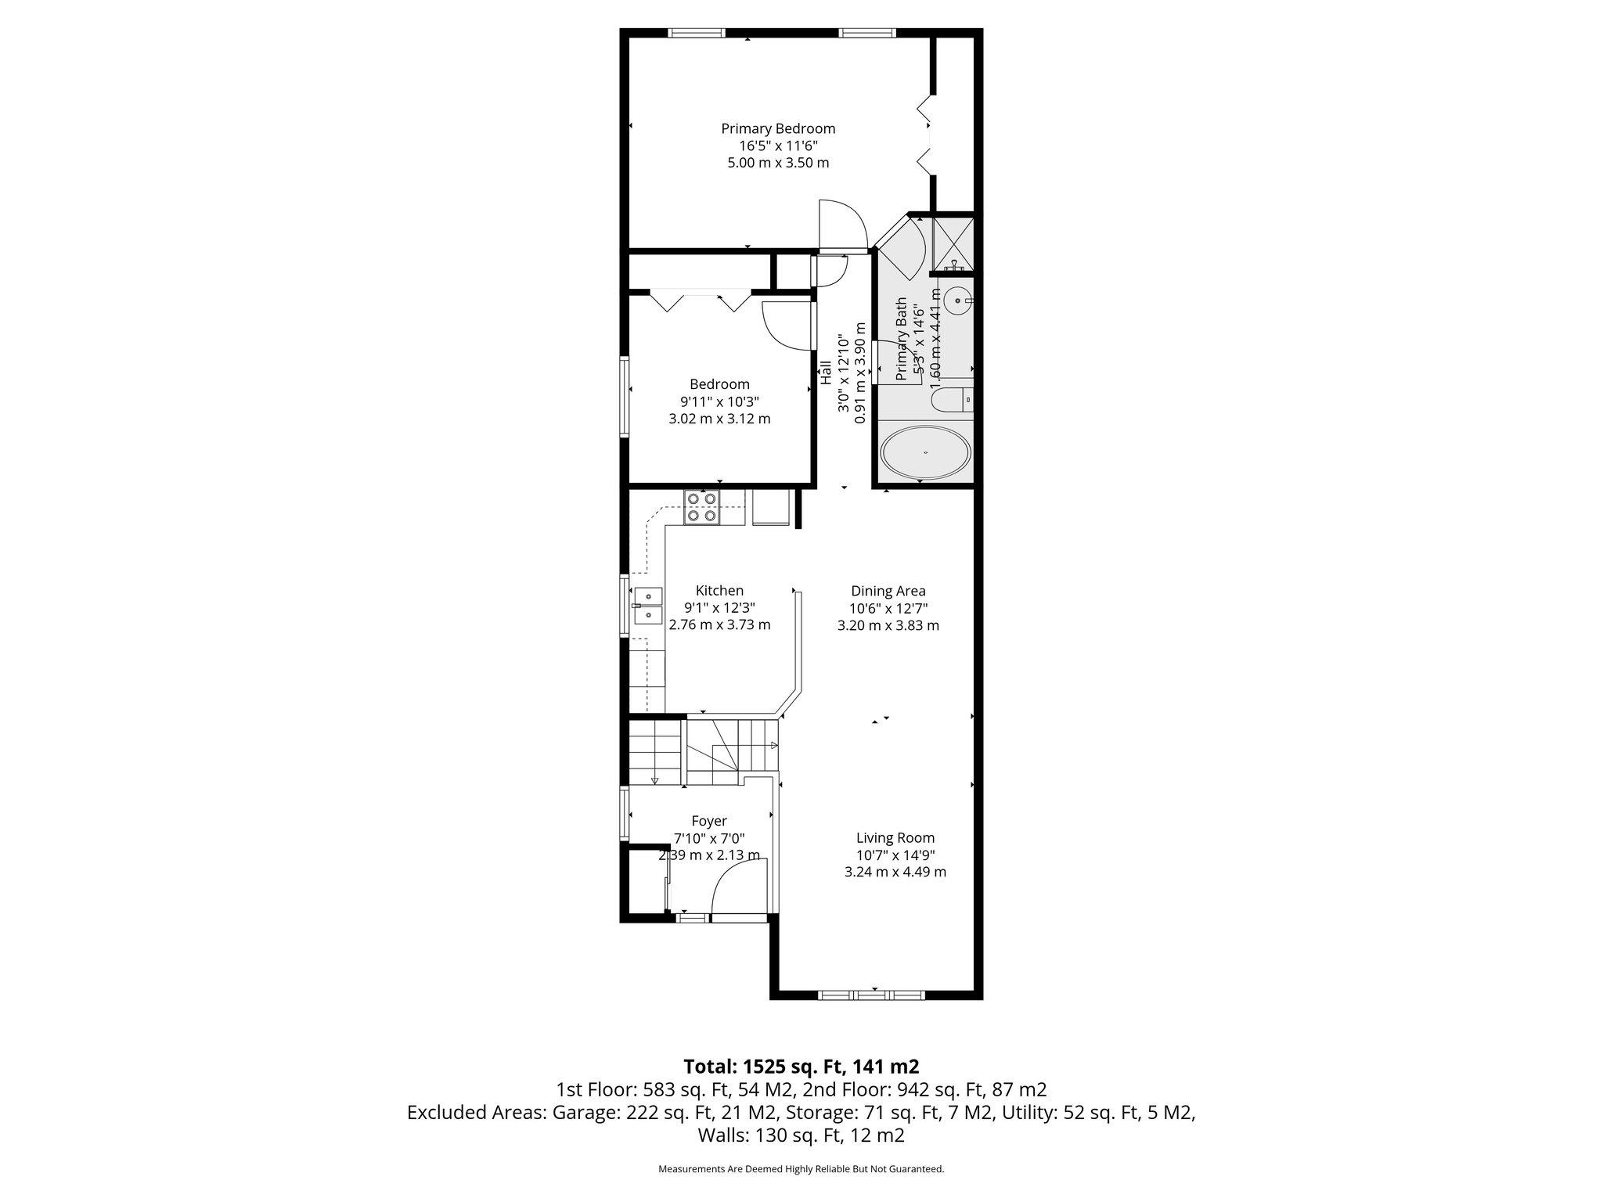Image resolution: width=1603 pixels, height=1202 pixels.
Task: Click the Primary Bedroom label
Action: click(778, 128)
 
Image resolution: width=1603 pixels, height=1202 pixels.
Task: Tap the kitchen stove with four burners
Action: click(701, 507)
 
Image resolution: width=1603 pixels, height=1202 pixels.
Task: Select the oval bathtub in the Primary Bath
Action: click(925, 453)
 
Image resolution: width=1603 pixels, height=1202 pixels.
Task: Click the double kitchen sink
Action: click(649, 606)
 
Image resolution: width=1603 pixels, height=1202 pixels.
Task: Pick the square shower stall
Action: click(953, 243)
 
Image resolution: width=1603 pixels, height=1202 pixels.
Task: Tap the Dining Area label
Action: click(888, 591)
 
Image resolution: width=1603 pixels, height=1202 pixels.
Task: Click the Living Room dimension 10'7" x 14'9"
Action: click(895, 855)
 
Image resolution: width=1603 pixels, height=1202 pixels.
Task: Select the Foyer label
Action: click(709, 821)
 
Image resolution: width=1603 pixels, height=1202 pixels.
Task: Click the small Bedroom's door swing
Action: click(785, 326)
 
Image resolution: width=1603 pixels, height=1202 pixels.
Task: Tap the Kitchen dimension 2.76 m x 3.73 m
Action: click(719, 624)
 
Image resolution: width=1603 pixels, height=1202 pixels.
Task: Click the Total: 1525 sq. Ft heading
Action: click(801, 1067)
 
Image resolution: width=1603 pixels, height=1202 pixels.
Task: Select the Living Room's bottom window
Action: click(871, 995)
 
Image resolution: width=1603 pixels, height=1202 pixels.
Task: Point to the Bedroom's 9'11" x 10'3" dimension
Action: click(719, 401)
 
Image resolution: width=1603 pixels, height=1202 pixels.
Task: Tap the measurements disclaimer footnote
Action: click(801, 1169)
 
